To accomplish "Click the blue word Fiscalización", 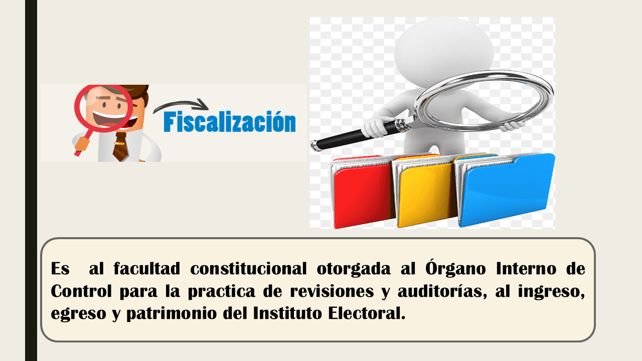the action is click(230, 121).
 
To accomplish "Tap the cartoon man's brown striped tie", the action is click(121, 147).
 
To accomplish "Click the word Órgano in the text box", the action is click(455, 268).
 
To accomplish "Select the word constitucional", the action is click(248, 269).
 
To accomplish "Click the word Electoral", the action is click(367, 313).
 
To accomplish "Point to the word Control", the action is click(81, 291).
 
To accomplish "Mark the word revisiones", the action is click(332, 291).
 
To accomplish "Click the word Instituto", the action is click(287, 313).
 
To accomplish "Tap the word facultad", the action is click(147, 269).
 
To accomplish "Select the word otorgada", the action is click(354, 269).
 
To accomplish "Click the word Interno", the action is click(526, 269).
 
